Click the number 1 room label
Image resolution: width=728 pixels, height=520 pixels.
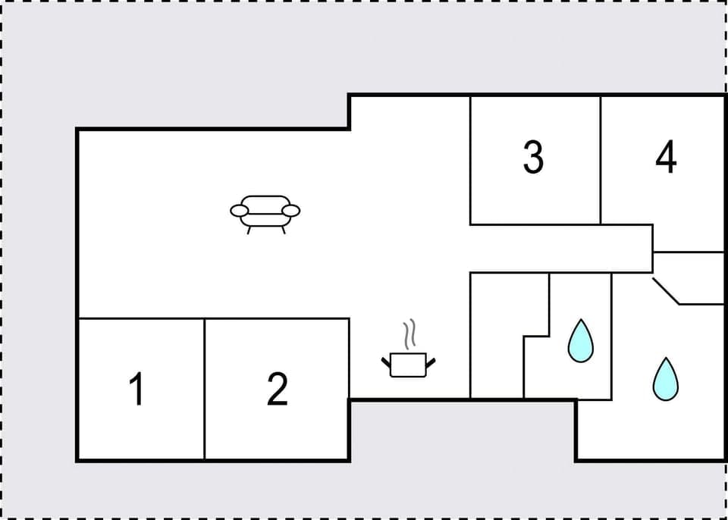click(x=137, y=390)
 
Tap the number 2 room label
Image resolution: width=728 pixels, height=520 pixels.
click(x=278, y=390)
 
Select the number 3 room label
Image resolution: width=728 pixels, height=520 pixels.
click(x=533, y=158)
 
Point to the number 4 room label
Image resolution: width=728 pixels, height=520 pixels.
click(x=666, y=158)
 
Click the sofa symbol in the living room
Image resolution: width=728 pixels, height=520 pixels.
click(x=265, y=211)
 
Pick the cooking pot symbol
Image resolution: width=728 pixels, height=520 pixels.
click(x=409, y=364)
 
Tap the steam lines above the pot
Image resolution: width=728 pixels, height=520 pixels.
click(x=410, y=334)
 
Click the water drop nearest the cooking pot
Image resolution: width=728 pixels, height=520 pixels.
click(x=581, y=340)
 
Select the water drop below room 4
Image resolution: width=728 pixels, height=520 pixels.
click(x=666, y=378)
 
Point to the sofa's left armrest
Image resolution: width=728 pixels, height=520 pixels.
click(x=240, y=210)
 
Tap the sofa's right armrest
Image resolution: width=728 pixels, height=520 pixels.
click(x=291, y=210)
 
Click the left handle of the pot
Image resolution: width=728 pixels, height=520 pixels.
click(x=386, y=361)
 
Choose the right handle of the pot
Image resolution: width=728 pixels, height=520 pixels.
click(x=432, y=363)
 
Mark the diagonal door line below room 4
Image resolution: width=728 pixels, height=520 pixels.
click(x=666, y=291)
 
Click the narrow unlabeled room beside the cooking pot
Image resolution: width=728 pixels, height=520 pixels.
click(x=497, y=334)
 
